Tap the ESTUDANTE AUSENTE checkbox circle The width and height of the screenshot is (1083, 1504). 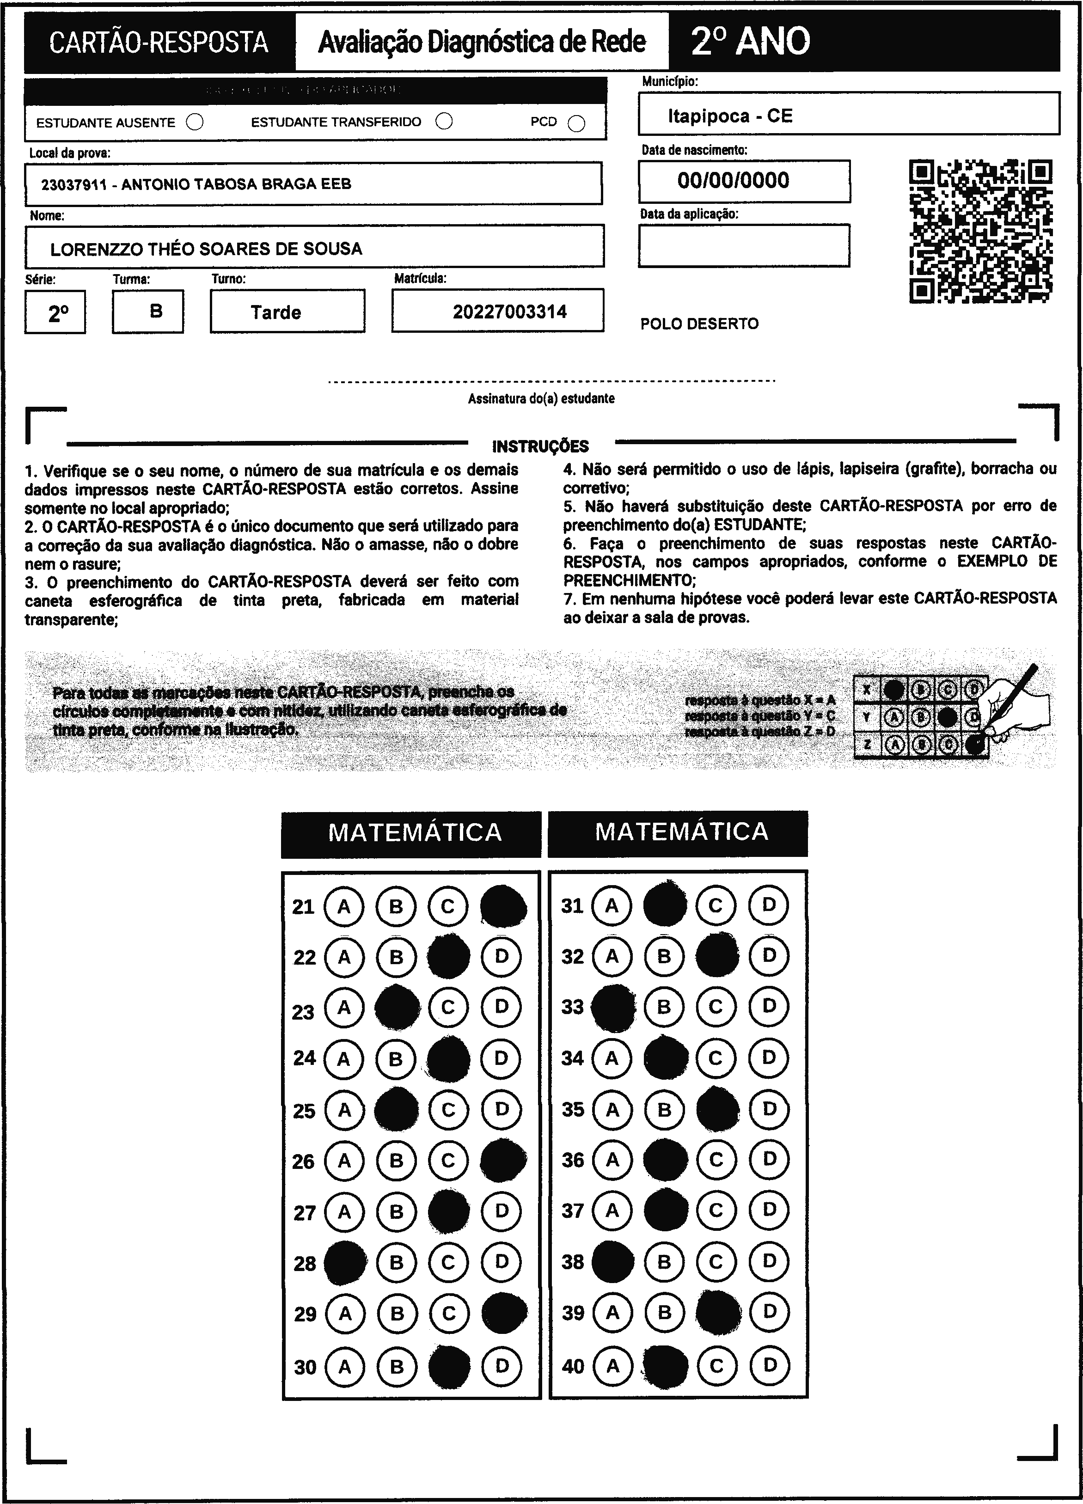(x=195, y=122)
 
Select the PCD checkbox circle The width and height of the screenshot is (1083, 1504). (x=577, y=123)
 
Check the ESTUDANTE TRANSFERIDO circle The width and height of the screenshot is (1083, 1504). (x=444, y=122)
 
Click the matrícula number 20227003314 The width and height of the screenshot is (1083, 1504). (x=509, y=312)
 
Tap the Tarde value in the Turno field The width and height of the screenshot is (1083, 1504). (x=276, y=312)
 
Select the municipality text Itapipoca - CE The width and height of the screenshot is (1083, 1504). (x=729, y=116)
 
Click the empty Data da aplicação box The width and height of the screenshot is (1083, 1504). (x=743, y=245)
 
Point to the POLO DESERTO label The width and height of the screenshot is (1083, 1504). (x=699, y=324)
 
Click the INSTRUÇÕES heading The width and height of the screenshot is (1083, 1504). (x=540, y=446)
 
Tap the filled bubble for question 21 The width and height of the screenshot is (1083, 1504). (x=503, y=906)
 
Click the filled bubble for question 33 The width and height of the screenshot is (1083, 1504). (x=612, y=1007)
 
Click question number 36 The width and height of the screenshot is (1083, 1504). (x=573, y=1161)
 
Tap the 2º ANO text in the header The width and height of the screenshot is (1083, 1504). (x=750, y=42)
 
